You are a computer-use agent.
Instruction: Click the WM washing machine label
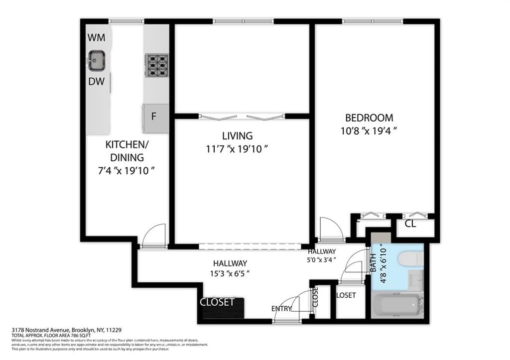[x=97, y=38]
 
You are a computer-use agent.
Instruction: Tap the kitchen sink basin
[x=97, y=60]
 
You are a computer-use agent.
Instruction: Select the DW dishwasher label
[x=97, y=82]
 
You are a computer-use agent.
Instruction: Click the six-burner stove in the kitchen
[x=156, y=65]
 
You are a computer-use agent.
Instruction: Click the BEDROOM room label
[x=369, y=118]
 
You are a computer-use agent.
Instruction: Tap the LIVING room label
[x=237, y=136]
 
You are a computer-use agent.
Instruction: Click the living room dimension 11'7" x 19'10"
[x=237, y=149]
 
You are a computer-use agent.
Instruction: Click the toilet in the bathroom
[x=411, y=259]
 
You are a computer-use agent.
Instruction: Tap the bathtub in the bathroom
[x=397, y=305]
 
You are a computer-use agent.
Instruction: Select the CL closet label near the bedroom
[x=410, y=224]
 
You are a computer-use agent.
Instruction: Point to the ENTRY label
[x=281, y=309]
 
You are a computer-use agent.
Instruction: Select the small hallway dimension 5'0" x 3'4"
[x=322, y=259]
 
